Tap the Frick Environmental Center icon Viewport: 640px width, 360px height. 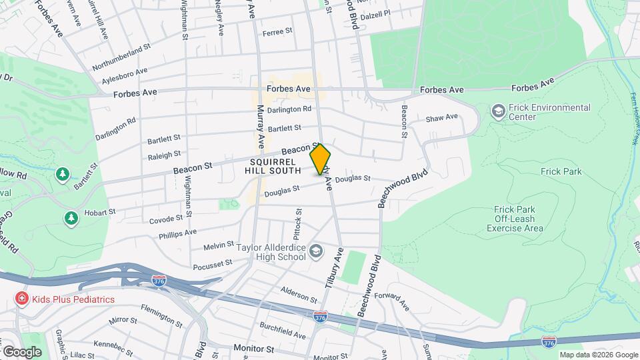(497, 111)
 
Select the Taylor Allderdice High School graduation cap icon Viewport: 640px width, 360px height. (315, 252)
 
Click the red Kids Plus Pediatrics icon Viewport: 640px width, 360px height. (22, 299)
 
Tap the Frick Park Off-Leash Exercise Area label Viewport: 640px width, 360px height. (515, 219)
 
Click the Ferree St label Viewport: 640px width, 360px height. (277, 31)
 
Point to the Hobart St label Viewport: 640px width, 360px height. (100, 213)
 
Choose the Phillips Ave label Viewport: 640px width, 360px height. (177, 233)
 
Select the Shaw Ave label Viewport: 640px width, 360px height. (442, 117)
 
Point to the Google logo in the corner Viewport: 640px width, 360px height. (22, 351)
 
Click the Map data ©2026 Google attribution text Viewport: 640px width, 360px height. (597, 355)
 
